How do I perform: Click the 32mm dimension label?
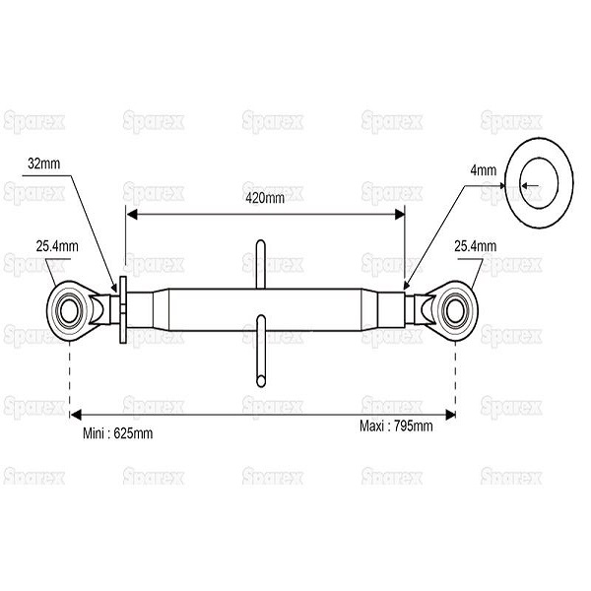[x=43, y=164]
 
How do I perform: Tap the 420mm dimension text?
[x=265, y=198]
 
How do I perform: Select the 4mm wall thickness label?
[x=484, y=170]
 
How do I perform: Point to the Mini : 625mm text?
[x=117, y=433]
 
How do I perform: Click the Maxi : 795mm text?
[x=396, y=427]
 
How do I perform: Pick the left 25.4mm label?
[x=57, y=246]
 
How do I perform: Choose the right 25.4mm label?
[x=476, y=246]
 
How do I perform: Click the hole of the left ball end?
[x=69, y=311]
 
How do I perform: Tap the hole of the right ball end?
[x=456, y=311]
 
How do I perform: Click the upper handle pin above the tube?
[x=260, y=265]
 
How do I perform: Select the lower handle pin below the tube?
[x=260, y=352]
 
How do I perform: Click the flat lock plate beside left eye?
[x=123, y=310]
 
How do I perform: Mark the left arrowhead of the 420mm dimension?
[x=132, y=215]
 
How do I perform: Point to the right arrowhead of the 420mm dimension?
[x=399, y=215]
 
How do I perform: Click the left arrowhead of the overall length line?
[x=76, y=415]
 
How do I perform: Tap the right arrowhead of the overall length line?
[x=450, y=415]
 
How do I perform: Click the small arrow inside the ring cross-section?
[x=530, y=185]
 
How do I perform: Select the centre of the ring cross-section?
[x=539, y=183]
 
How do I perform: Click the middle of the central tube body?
[x=265, y=310]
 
